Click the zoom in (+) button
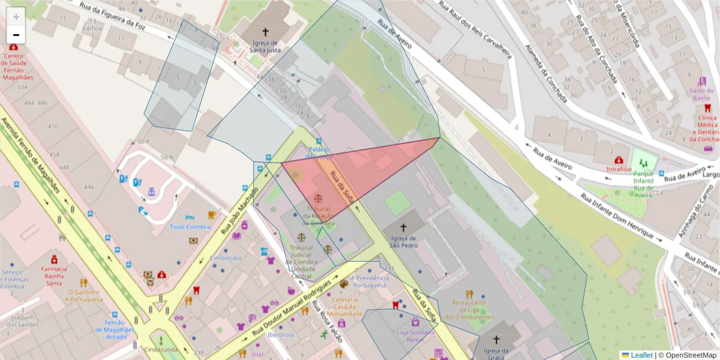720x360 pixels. click(x=16, y=17)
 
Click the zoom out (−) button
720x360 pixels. click(x=16, y=35)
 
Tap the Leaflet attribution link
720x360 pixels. click(x=637, y=355)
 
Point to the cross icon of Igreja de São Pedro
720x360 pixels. click(x=403, y=227)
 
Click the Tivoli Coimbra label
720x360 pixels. click(x=190, y=227)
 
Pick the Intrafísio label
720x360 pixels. click(x=619, y=169)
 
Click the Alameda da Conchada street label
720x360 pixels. click(x=545, y=73)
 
